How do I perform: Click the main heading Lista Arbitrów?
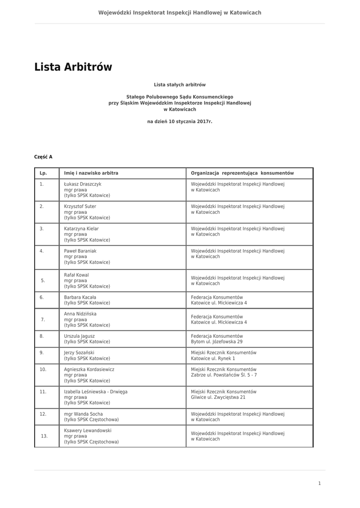pyautogui.click(x=73, y=67)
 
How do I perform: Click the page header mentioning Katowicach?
pyautogui.click(x=180, y=12)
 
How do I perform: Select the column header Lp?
pyautogui.click(x=43, y=173)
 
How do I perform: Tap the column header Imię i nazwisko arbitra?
pyautogui.click(x=91, y=173)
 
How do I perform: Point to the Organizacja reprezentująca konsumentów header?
pyautogui.click(x=242, y=173)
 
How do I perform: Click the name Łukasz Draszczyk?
pyautogui.click(x=82, y=184)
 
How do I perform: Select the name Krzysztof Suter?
pyautogui.click(x=80, y=206)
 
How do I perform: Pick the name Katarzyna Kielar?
pyautogui.click(x=81, y=229)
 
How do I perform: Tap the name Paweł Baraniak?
pyautogui.click(x=80, y=251)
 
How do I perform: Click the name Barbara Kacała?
pyautogui.click(x=80, y=297)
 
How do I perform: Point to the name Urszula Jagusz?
pyautogui.click(x=79, y=336)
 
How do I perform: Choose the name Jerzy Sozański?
pyautogui.click(x=79, y=353)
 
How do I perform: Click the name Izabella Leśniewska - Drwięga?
pyautogui.click(x=96, y=392)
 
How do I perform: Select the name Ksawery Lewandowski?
pyautogui.click(x=88, y=431)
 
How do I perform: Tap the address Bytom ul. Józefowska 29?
pyautogui.click(x=217, y=342)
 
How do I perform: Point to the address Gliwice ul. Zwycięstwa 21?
pyautogui.click(x=218, y=397)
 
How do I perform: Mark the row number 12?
pyautogui.click(x=43, y=414)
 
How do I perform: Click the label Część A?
pyautogui.click(x=43, y=157)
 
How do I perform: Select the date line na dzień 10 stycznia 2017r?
pyautogui.click(x=180, y=121)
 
